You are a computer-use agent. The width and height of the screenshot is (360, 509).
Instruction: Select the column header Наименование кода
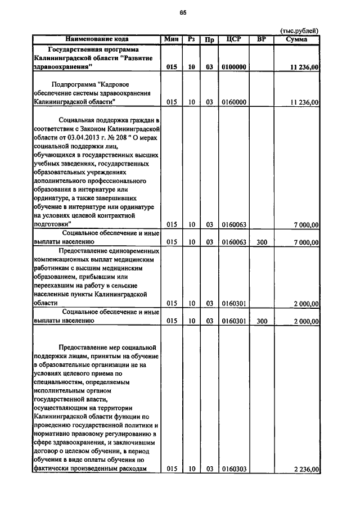pyautogui.click(x=97, y=39)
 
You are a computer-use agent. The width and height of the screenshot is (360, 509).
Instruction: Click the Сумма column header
pyautogui.click(x=296, y=39)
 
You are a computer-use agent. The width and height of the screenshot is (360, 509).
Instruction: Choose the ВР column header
pyautogui.click(x=262, y=39)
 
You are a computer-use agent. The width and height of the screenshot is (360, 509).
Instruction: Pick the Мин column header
pyautogui.click(x=172, y=39)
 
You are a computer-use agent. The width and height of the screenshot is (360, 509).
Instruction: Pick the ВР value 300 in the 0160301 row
pyautogui.click(x=262, y=321)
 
